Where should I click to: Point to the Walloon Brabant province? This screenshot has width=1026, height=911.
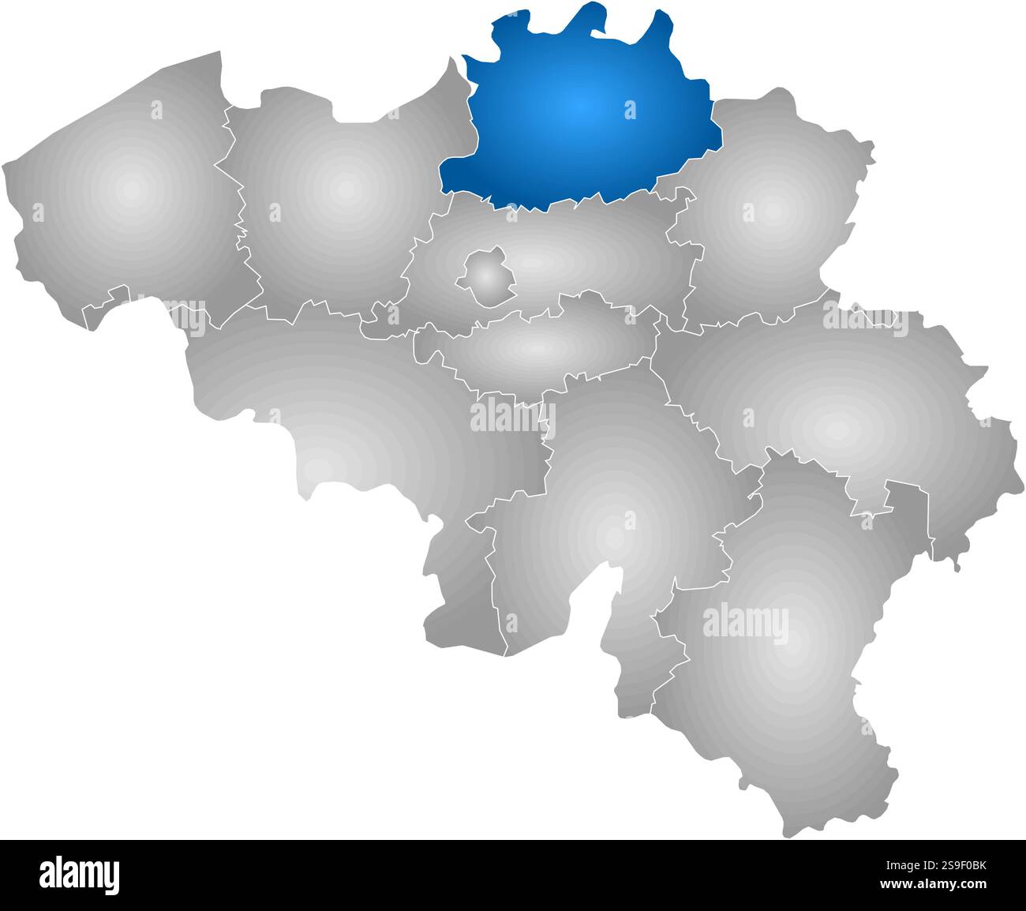(x=537, y=347)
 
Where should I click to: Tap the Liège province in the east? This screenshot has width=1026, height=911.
(x=837, y=403)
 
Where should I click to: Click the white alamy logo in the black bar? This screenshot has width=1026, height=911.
(x=79, y=875)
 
